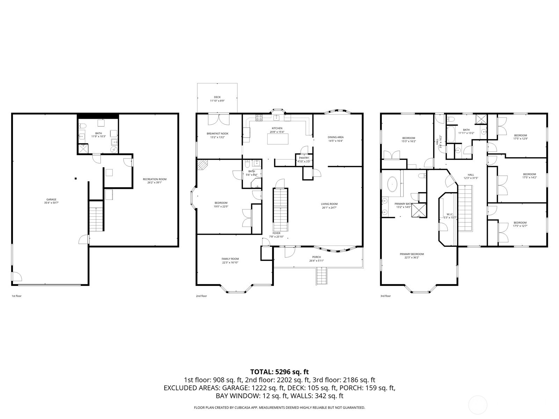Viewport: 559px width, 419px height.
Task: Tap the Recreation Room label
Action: click(154, 179)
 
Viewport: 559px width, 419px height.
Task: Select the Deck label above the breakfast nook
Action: click(217, 97)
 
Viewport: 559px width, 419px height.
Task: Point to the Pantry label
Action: click(304, 158)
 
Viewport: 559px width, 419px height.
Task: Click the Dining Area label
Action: click(335, 137)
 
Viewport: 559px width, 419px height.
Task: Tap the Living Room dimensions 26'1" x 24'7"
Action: click(329, 208)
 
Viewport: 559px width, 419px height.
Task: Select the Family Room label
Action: click(230, 259)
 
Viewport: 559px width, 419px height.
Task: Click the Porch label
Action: click(317, 257)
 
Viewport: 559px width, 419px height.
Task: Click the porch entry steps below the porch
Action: click(321, 275)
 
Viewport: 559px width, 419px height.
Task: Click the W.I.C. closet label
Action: click(450, 214)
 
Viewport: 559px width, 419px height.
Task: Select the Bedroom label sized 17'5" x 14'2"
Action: click(529, 174)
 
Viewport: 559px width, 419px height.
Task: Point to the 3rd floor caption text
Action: click(385, 296)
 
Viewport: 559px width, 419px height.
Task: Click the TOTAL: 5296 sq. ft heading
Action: click(279, 372)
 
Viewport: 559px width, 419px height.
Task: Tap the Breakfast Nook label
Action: click(217, 133)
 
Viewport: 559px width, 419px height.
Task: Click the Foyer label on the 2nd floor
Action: click(276, 233)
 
